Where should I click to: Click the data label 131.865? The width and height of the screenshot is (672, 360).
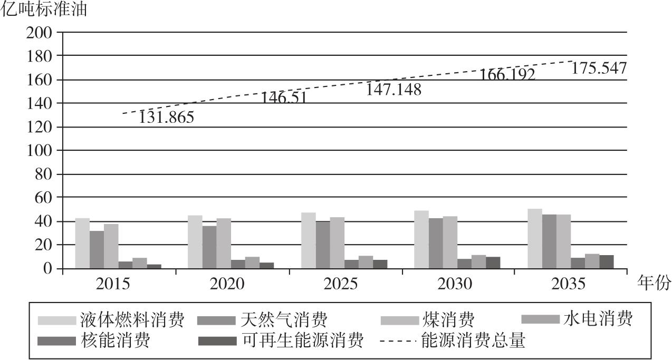click(x=166, y=118)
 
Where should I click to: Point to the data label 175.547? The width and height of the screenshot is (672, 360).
click(x=598, y=69)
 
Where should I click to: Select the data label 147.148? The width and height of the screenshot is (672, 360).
click(x=393, y=90)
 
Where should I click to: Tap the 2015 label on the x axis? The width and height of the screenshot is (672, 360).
click(x=113, y=284)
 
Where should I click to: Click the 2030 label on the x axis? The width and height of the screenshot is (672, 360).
click(x=454, y=284)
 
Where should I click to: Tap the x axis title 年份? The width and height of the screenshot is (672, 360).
click(x=654, y=284)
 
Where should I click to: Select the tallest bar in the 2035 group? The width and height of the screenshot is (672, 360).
click(x=535, y=239)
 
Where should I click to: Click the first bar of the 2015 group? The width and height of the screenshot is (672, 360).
click(x=82, y=244)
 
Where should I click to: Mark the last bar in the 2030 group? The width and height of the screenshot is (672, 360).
click(x=493, y=262)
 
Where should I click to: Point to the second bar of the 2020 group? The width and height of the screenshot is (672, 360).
click(x=209, y=247)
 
